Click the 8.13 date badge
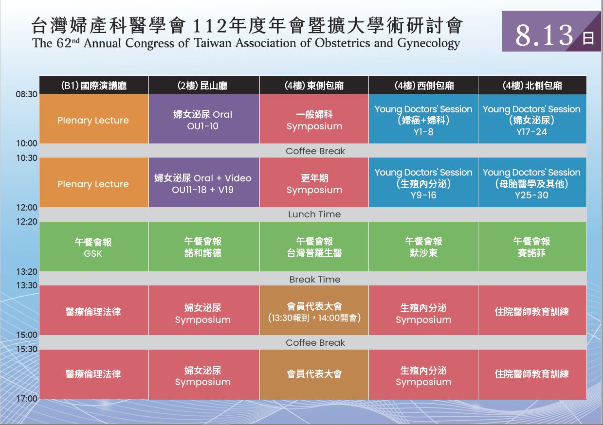pyautogui.click(x=551, y=31)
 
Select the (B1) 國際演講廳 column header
pyautogui.click(x=94, y=85)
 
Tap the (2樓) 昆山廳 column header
pyautogui.click(x=204, y=85)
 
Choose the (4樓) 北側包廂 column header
pyautogui.click(x=532, y=85)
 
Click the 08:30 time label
pyautogui.click(x=26, y=94)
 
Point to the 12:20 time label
pyautogui.click(x=27, y=222)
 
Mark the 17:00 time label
pyautogui.click(x=27, y=398)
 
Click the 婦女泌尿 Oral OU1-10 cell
pyautogui.click(x=204, y=119)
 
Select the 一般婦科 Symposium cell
pyautogui.click(x=314, y=119)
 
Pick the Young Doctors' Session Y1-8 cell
pyautogui.click(x=423, y=119)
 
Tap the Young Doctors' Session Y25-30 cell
pyautogui.click(x=532, y=182)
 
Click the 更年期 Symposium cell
pyautogui.click(x=314, y=182)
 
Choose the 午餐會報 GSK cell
pyautogui.click(x=94, y=247)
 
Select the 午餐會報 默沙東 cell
pyautogui.click(x=423, y=247)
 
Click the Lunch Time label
pyautogui.click(x=314, y=214)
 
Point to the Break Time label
pyautogui.click(x=315, y=280)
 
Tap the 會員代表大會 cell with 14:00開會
pyautogui.click(x=314, y=310)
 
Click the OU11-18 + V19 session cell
pyautogui.click(x=204, y=182)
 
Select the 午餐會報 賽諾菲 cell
pyautogui.click(x=532, y=247)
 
